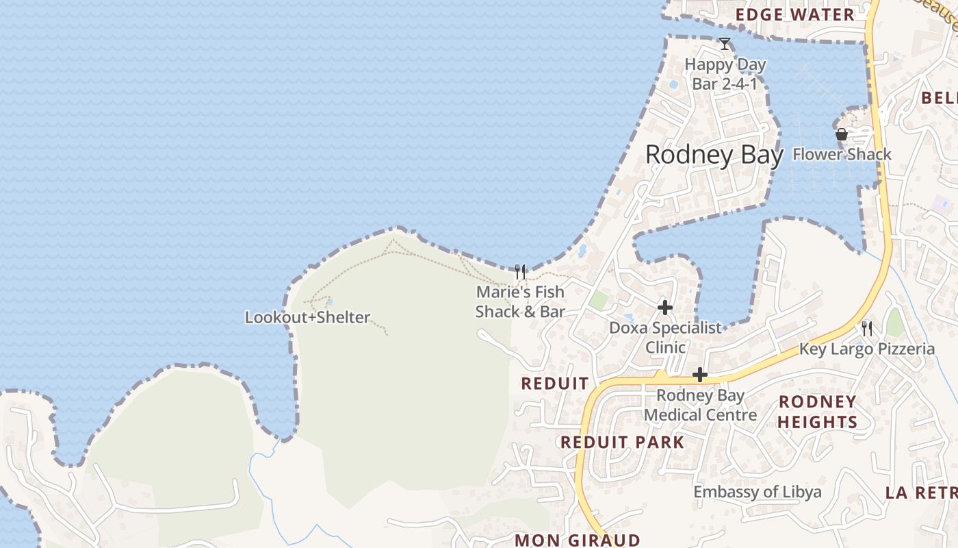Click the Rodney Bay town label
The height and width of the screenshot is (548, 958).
pos(714,155)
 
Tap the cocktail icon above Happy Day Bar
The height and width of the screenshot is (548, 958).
pos(725,45)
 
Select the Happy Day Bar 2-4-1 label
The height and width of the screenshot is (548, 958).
pos(725,74)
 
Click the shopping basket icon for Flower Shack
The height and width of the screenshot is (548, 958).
pos(841,134)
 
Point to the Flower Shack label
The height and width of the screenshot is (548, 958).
pos(842,154)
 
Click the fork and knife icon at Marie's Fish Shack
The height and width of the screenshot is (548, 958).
pos(520,273)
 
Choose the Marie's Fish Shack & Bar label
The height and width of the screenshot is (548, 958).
pos(520,301)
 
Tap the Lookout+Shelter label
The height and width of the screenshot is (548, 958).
pos(307,317)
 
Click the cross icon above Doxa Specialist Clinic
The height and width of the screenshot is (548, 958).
pos(664,308)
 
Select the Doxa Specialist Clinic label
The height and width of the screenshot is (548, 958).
pos(665,337)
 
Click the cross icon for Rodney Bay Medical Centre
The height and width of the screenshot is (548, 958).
pos(699,375)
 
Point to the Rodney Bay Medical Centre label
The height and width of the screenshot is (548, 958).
pos(700,405)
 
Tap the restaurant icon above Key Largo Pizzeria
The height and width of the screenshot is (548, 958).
pos(867,329)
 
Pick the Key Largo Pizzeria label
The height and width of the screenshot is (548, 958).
pos(866,349)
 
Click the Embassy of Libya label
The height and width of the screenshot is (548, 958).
pos(758,492)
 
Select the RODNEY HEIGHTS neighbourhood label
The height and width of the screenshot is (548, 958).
pos(817,412)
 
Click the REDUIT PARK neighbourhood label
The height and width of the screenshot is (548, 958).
pos(622,442)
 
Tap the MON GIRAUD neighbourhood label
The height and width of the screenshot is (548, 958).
pos(577,540)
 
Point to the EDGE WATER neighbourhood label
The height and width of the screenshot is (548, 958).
pos(794,15)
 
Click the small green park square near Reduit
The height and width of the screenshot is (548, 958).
pos(599,300)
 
